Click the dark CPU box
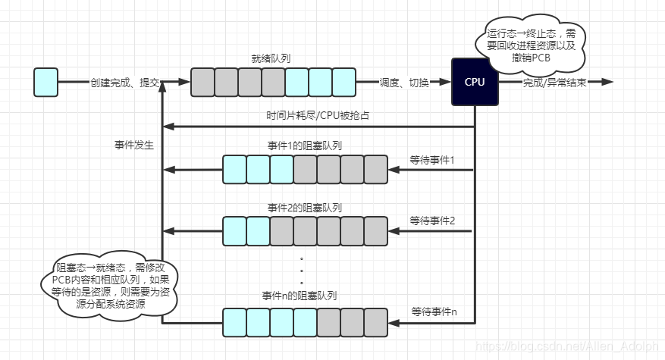[x=475, y=82]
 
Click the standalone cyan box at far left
[x=45, y=82]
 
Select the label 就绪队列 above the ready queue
[x=272, y=58]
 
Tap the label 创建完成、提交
[x=124, y=83]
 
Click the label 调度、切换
[x=403, y=83]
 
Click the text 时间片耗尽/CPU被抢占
[x=318, y=116]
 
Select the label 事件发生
[x=133, y=145]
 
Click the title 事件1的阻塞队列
[x=304, y=145]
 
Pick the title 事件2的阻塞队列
[x=304, y=207]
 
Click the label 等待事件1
[x=431, y=160]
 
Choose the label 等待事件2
[x=431, y=221]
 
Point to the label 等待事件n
[x=434, y=311]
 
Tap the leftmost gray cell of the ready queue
[x=202, y=82]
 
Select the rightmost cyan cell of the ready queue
[x=343, y=82]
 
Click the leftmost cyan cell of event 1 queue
[x=234, y=169]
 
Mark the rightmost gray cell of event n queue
[x=375, y=322]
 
